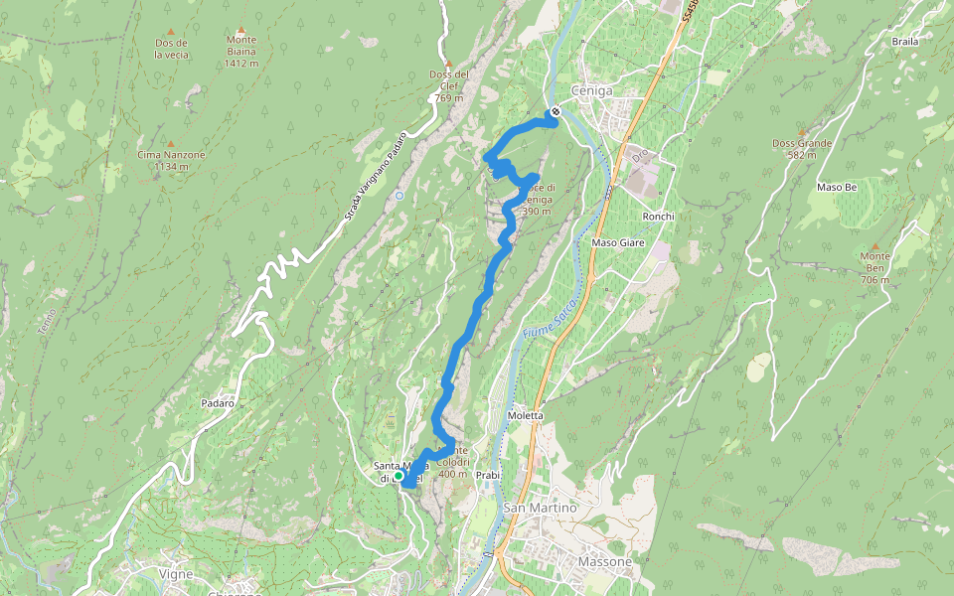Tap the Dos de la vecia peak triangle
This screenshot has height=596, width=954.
click(170, 32)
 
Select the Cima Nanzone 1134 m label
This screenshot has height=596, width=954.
click(171, 160)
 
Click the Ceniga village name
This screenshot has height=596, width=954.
click(591, 90)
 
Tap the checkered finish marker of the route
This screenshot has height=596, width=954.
click(556, 112)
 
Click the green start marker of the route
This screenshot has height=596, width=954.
click(398, 477)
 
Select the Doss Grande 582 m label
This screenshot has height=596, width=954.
click(801, 148)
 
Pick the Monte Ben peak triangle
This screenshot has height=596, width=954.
click(875, 245)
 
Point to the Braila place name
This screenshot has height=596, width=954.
click(905, 42)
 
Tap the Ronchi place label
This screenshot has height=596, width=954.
click(659, 217)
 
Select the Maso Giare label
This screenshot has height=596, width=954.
click(618, 242)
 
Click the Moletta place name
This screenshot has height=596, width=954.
click(526, 415)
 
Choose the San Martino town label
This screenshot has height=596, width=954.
click(541, 508)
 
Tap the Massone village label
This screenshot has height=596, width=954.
click(604, 562)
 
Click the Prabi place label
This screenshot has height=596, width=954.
click(487, 475)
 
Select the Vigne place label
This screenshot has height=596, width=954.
click(176, 573)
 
